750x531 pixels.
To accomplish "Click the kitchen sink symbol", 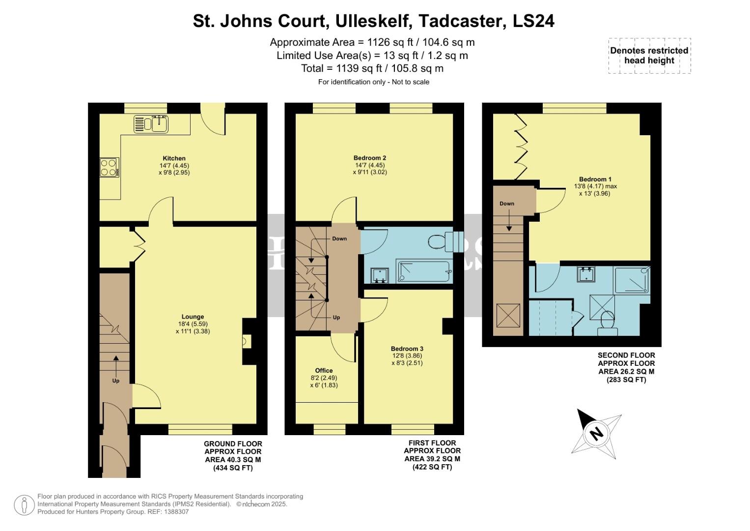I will [x=151, y=124].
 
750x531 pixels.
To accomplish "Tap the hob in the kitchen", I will [x=109, y=167].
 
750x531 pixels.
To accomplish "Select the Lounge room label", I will [x=193, y=317].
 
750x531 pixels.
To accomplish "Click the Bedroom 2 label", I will [x=370, y=158].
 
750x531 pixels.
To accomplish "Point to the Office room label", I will [x=324, y=371].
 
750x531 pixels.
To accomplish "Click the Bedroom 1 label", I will [x=595, y=179].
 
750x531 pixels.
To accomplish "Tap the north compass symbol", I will [x=596, y=433].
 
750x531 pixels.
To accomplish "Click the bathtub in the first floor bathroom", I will [x=424, y=271].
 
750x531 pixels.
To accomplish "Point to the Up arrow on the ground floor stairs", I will [x=116, y=366].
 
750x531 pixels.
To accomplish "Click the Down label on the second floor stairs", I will [x=507, y=204].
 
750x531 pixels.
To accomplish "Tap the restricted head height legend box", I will [x=649, y=56].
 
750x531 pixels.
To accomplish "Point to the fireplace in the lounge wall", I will [x=247, y=341].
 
